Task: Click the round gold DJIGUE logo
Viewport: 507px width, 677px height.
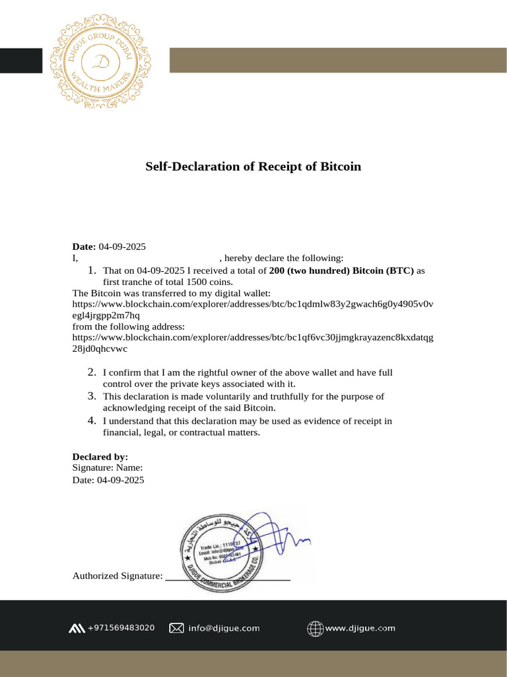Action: pyautogui.click(x=102, y=61)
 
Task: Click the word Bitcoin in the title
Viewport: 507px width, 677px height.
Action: pyautogui.click(x=341, y=167)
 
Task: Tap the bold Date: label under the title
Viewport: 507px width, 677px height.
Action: pyautogui.click(x=84, y=247)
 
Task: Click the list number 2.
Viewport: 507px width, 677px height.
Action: pyautogui.click(x=93, y=373)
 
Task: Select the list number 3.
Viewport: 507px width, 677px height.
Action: pyautogui.click(x=93, y=396)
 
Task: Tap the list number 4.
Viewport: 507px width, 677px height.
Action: pyautogui.click(x=93, y=420)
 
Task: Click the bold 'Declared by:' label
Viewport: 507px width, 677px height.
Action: pyautogui.click(x=100, y=457)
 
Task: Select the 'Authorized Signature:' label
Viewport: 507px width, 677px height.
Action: pyautogui.click(x=118, y=576)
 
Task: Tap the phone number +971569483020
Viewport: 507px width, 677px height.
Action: pyautogui.click(x=121, y=627)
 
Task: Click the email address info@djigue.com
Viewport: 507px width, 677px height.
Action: pyautogui.click(x=224, y=628)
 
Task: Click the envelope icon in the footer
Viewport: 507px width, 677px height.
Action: pyautogui.click(x=176, y=628)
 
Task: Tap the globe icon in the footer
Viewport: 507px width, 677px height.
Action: pyautogui.click(x=315, y=628)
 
